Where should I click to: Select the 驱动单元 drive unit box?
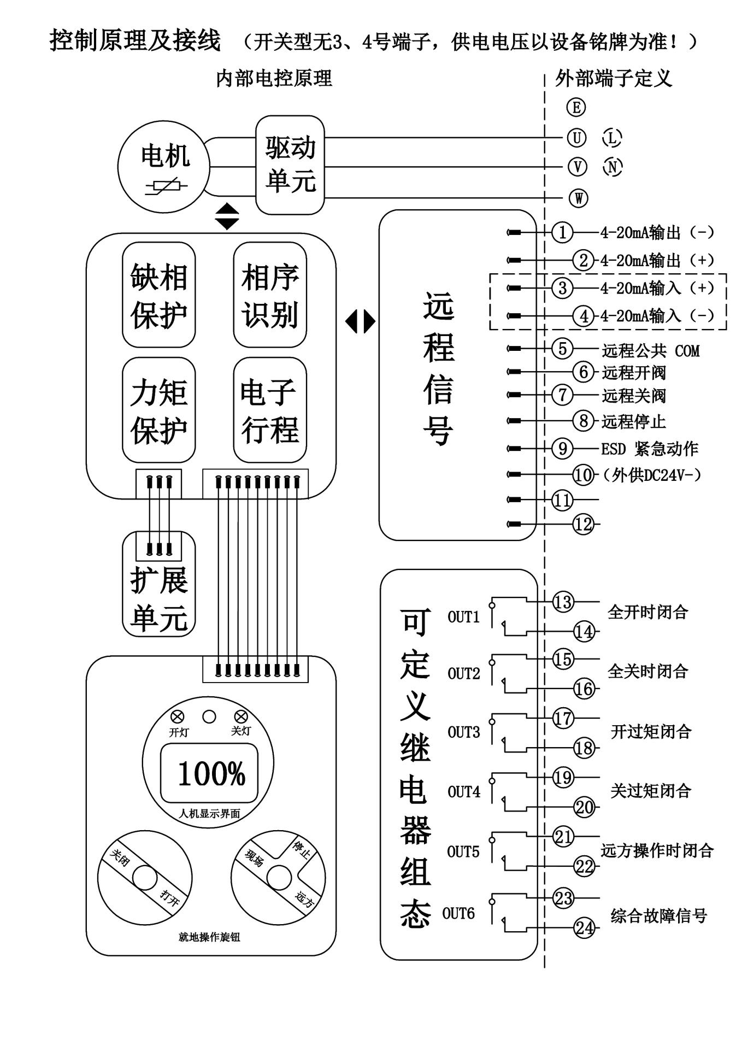(x=290, y=164)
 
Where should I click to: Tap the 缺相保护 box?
(x=158, y=295)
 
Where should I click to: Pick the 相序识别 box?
(x=270, y=295)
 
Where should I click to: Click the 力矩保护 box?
(x=158, y=410)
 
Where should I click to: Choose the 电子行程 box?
(x=270, y=410)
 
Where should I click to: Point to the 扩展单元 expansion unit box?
(x=158, y=584)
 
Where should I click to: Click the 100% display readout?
(x=211, y=774)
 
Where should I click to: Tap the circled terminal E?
(x=576, y=107)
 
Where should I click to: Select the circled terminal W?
(x=578, y=198)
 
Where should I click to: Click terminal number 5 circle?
(x=562, y=348)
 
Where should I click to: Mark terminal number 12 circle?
(x=583, y=524)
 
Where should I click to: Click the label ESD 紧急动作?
(x=649, y=449)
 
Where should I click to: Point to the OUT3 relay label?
(x=463, y=732)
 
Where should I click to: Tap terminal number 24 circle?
(x=584, y=927)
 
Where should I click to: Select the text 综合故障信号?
(x=658, y=916)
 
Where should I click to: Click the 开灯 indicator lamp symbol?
(x=178, y=716)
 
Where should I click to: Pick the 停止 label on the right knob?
(x=301, y=849)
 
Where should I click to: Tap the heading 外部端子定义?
(x=613, y=78)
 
